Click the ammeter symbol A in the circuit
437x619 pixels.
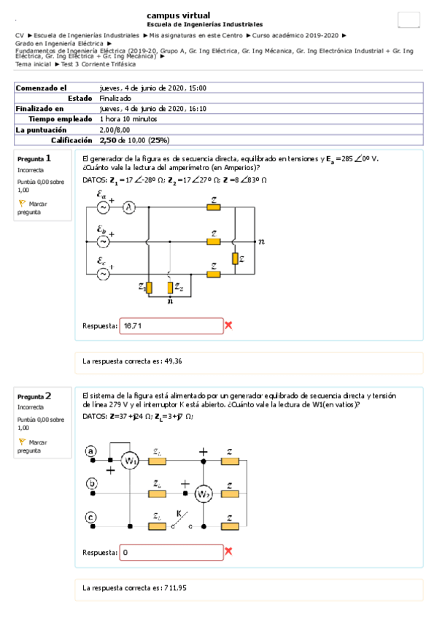click(129, 208)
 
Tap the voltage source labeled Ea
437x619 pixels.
click(103, 208)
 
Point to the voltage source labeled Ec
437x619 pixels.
click(103, 273)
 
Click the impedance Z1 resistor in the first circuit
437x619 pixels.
click(150, 287)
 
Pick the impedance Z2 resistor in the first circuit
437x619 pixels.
click(170, 287)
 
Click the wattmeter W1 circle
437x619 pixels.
click(130, 461)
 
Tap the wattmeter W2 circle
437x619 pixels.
click(204, 493)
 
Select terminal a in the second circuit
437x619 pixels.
click(90, 451)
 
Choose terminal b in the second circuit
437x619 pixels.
click(90, 483)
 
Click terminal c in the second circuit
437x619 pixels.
click(90, 517)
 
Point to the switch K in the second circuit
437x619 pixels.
click(182, 518)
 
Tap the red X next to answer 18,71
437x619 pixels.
click(228, 325)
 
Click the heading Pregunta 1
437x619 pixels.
click(34, 158)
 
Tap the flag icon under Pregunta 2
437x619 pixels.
click(22, 442)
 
